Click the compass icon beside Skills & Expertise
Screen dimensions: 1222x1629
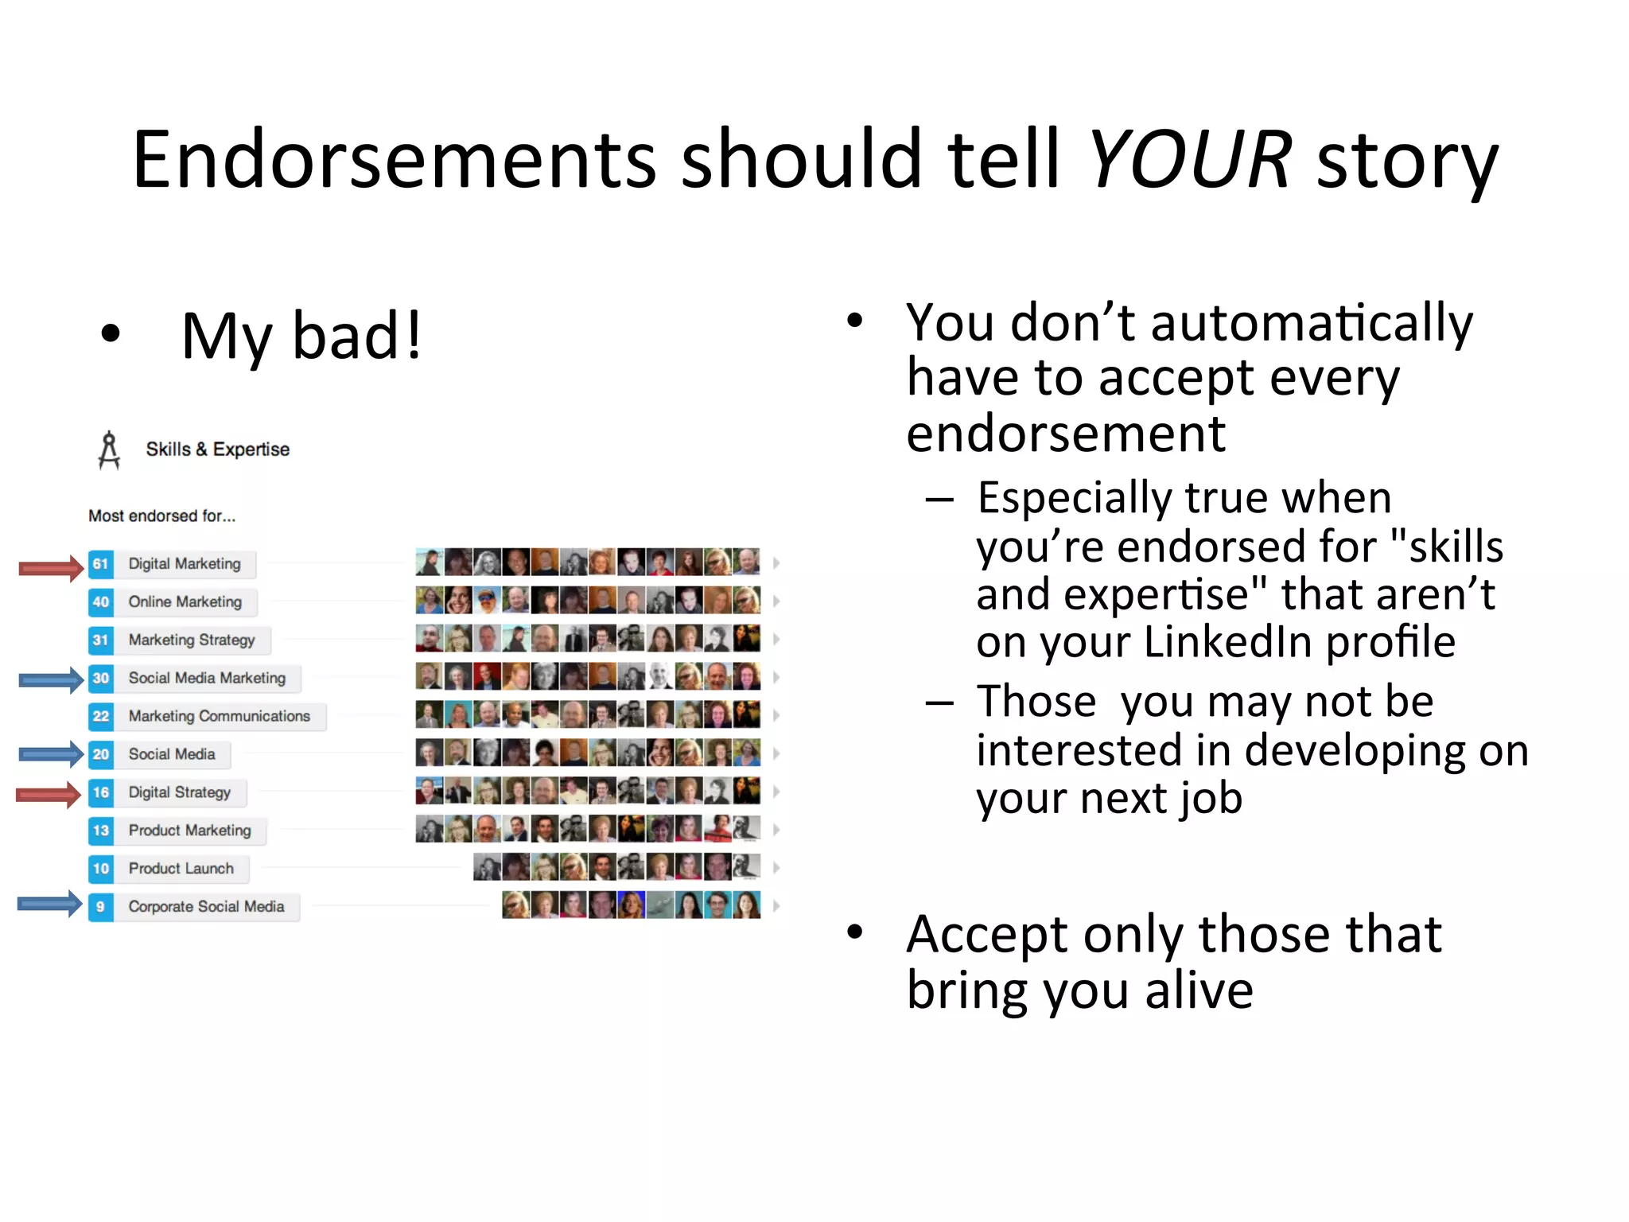tap(109, 450)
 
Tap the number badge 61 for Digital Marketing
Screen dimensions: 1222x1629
tap(100, 564)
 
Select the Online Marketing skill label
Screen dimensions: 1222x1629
tap(185, 602)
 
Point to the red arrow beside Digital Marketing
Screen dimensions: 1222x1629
tap(51, 567)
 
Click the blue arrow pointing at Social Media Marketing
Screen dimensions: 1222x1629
tap(51, 679)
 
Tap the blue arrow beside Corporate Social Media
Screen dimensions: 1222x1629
tap(49, 904)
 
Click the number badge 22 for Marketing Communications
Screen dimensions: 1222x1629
tap(100, 717)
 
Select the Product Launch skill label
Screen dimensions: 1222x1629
tap(181, 869)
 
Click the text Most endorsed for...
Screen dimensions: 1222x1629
tap(161, 516)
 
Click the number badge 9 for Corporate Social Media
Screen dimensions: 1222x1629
tap(100, 907)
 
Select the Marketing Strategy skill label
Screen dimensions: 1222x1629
tap(191, 640)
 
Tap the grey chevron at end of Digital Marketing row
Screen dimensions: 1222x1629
tap(776, 563)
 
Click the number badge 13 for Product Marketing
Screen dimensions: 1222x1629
tap(100, 831)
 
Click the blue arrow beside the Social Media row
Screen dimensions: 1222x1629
tap(51, 754)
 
